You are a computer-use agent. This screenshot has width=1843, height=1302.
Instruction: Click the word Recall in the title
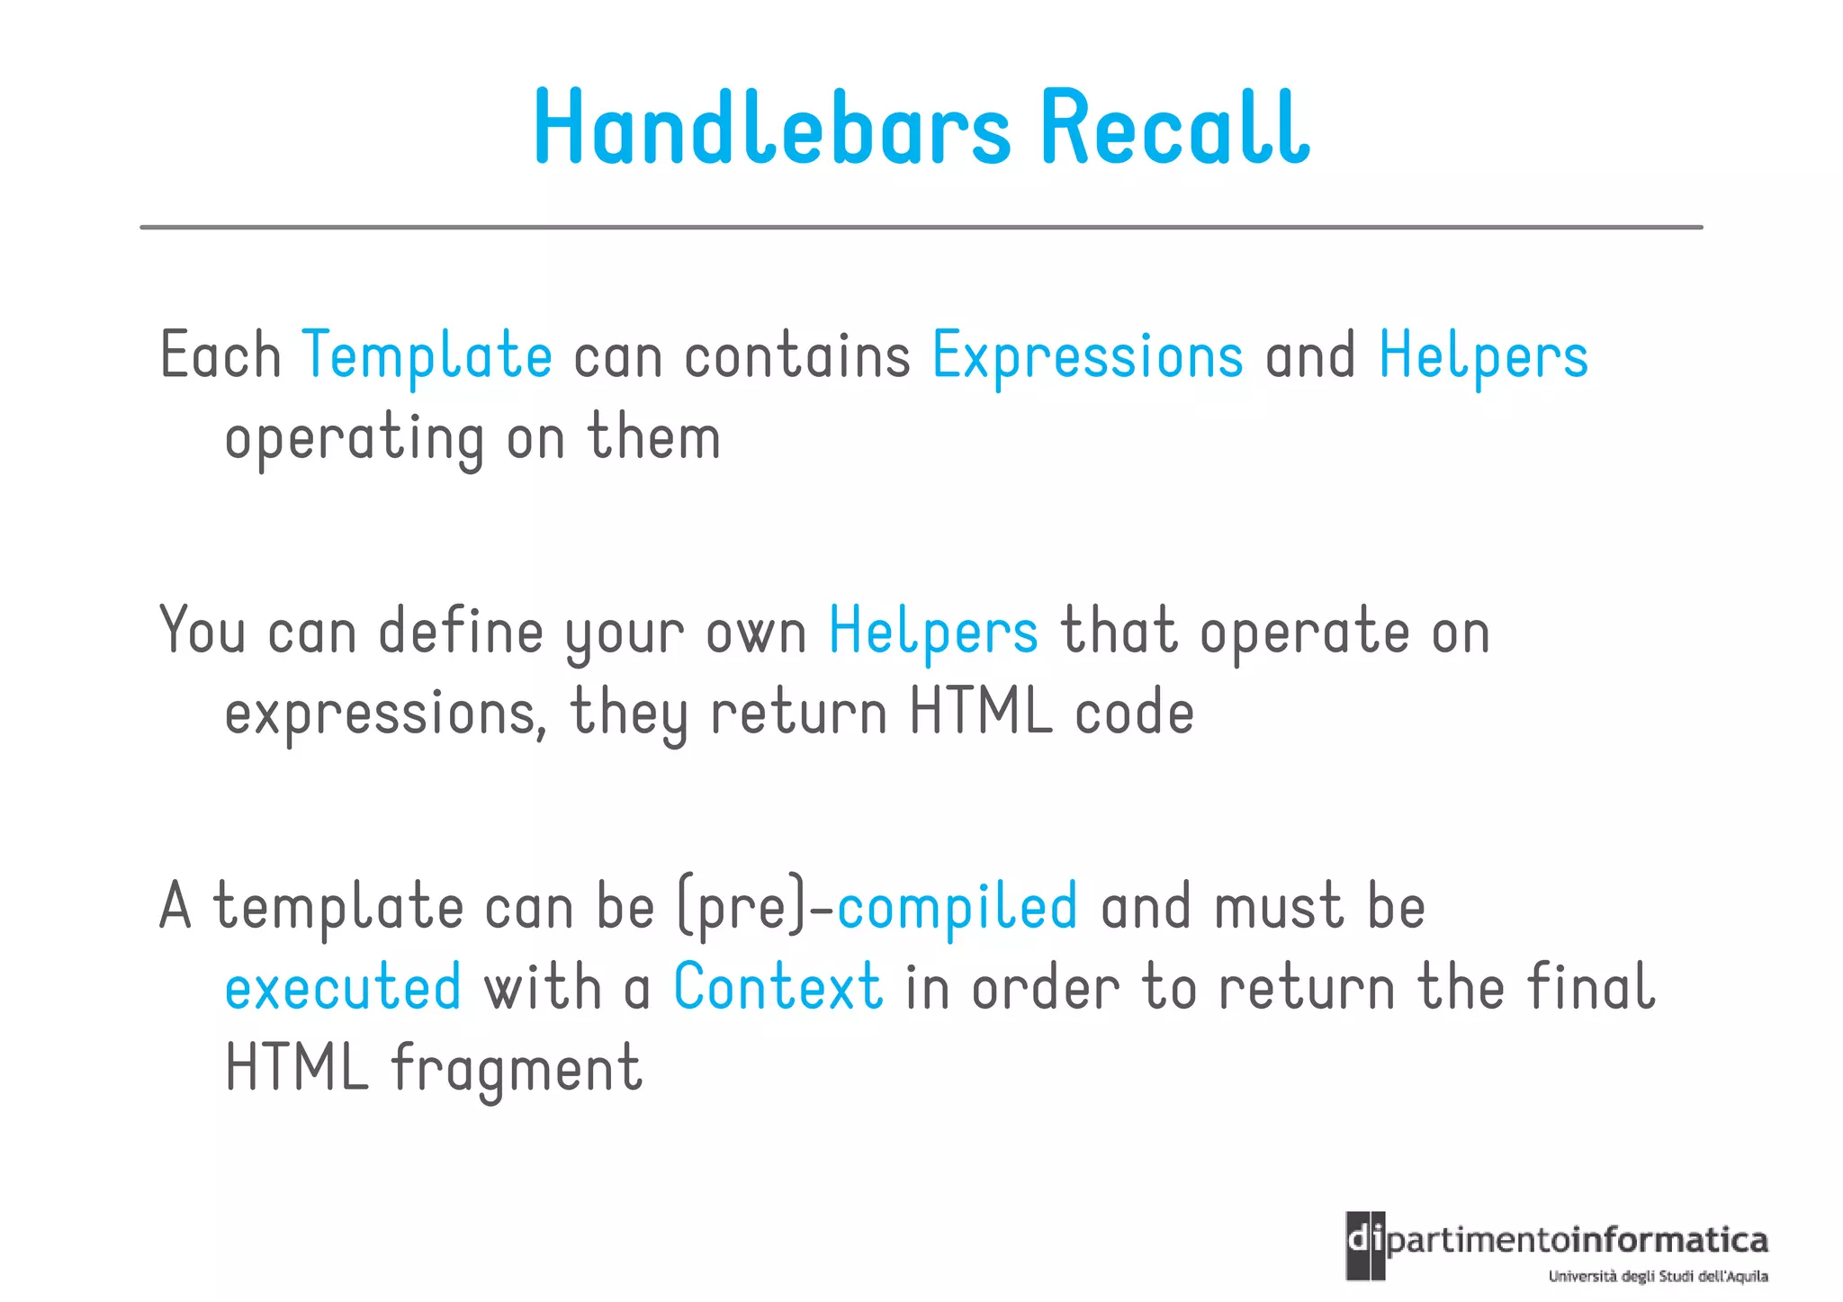tap(1174, 128)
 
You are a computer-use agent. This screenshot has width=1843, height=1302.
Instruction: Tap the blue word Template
tap(427, 356)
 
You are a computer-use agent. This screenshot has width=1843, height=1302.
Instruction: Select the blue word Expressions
tap(1087, 356)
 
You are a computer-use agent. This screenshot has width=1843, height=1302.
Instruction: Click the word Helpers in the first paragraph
tap(1483, 356)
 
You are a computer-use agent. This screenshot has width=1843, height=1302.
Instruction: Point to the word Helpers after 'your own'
tap(933, 632)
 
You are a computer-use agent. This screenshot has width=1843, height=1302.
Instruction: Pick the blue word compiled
tap(957, 907)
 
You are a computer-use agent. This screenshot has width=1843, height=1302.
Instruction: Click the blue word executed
tap(343, 988)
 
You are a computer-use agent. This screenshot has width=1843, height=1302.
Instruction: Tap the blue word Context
tap(778, 988)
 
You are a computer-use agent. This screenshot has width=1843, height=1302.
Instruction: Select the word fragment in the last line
tap(517, 1069)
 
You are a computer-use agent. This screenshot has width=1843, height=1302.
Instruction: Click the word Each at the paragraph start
tap(220, 356)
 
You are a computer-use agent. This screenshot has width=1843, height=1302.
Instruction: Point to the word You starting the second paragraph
tap(202, 632)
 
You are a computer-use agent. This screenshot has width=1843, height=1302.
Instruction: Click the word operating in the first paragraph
tap(355, 439)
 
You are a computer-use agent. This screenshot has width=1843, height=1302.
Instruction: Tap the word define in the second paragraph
tap(460, 632)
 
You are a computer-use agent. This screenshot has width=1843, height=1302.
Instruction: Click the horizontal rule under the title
tap(921, 228)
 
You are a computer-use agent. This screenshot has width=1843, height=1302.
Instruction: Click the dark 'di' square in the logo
tap(1365, 1245)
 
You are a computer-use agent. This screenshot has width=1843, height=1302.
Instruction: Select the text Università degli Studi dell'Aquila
tap(1658, 1277)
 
